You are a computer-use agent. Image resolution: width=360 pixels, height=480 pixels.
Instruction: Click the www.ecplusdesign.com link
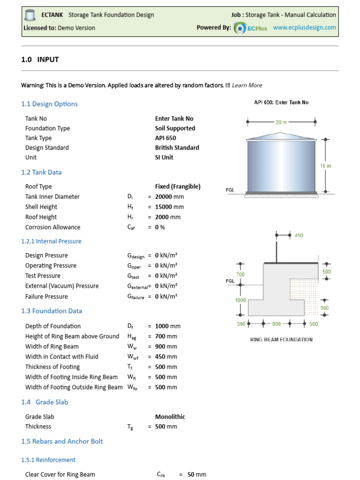tap(304, 28)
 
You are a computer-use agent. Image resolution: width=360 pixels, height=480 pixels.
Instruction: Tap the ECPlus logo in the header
tap(251, 28)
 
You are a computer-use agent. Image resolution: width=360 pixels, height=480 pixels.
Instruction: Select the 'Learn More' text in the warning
tap(247, 85)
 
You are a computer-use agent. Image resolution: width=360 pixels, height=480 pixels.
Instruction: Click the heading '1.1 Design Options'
tap(50, 104)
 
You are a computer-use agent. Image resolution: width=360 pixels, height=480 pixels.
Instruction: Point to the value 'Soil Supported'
tap(175, 128)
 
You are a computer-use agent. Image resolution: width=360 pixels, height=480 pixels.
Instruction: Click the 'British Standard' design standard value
tap(177, 148)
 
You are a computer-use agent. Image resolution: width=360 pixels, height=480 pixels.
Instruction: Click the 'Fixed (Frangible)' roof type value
tap(178, 187)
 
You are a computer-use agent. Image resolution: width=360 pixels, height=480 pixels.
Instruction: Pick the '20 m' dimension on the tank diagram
tap(281, 122)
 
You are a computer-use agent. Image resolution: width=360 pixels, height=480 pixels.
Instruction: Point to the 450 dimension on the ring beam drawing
tap(299, 235)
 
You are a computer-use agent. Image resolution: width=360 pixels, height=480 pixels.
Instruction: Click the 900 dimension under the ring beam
tap(276, 324)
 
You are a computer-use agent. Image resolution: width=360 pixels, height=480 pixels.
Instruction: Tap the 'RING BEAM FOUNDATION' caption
tap(281, 339)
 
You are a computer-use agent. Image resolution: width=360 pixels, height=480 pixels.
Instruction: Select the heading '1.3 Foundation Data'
tap(52, 311)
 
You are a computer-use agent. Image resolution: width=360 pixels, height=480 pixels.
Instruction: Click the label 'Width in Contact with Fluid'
tap(62, 357)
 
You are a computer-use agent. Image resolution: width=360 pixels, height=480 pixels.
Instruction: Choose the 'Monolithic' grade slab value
tap(170, 417)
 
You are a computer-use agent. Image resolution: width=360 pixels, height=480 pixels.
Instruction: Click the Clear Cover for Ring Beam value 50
tap(191, 475)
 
